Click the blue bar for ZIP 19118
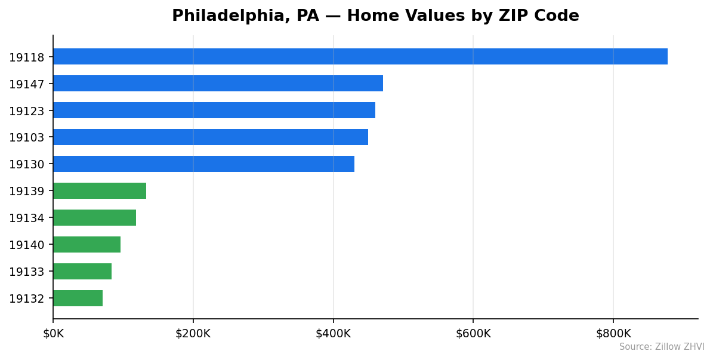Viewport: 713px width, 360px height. tap(360, 57)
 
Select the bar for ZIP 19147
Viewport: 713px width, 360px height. tap(218, 84)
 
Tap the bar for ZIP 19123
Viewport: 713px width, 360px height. tap(214, 110)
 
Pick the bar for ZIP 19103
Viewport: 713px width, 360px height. tap(210, 137)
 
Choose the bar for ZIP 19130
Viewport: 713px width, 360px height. tap(203, 164)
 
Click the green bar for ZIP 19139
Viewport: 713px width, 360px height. tap(100, 191)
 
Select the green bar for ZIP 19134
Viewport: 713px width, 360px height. tap(94, 218)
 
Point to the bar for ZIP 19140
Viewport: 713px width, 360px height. tap(87, 245)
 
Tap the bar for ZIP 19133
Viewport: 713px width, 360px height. tap(82, 272)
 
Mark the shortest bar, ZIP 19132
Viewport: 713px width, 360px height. tap(78, 299)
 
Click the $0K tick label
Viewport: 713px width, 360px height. tap(53, 334)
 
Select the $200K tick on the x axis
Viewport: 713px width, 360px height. tap(193, 334)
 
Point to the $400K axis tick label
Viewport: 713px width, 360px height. tap(333, 334)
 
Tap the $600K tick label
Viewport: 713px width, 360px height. tap(473, 334)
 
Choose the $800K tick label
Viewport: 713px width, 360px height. tap(613, 334)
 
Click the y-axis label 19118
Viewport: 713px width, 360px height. tap(26, 57)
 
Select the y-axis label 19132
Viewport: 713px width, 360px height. tap(26, 299)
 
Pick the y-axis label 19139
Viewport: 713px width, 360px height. tap(26, 192)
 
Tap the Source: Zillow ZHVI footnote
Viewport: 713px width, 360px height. tap(661, 347)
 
